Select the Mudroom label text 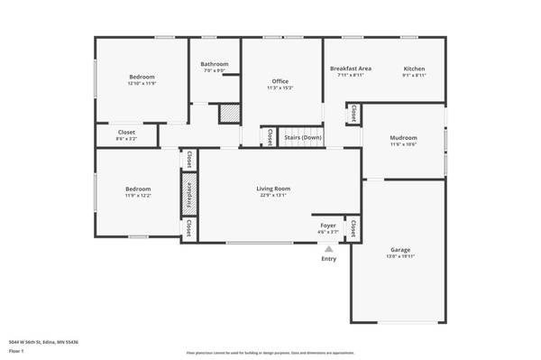point(402,137)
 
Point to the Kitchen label point(414,69)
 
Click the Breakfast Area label point(351,69)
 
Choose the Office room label point(280,81)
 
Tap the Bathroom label point(215,64)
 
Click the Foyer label point(328,226)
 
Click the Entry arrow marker point(329,250)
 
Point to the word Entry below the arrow point(329,260)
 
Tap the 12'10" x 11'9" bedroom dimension point(142,84)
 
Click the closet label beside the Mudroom point(353,113)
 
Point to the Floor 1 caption point(15,351)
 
